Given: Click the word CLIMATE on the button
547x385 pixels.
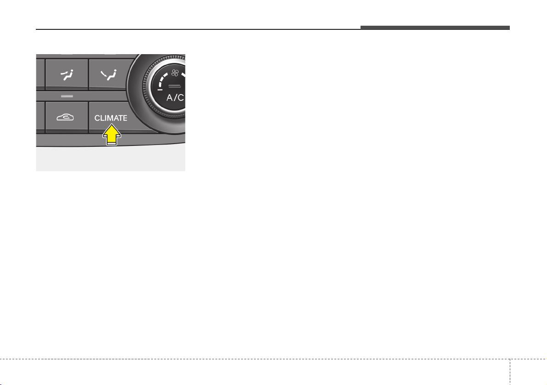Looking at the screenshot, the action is click(x=111, y=118).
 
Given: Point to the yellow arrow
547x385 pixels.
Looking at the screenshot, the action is click(x=111, y=135).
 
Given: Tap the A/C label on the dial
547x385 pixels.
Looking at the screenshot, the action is click(x=175, y=98).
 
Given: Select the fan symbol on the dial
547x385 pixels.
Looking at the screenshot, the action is click(x=175, y=73).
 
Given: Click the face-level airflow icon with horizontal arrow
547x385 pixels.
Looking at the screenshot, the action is click(x=67, y=75).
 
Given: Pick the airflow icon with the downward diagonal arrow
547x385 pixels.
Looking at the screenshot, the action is click(x=108, y=75).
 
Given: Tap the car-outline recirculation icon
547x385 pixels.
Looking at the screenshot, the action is click(x=65, y=117).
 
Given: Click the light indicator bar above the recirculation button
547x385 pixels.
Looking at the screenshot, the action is click(x=67, y=96).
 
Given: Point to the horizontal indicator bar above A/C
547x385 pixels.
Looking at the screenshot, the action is click(x=174, y=86).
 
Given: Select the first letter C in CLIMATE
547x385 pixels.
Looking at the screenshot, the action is click(x=97, y=118).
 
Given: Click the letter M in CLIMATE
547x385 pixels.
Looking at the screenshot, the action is click(x=110, y=118).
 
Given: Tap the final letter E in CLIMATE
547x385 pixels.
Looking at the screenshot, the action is click(x=124, y=118).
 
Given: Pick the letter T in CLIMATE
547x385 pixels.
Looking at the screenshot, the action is click(x=119, y=118).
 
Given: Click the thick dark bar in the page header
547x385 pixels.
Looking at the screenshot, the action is click(x=435, y=28).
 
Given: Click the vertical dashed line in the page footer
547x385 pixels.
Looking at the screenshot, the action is click(x=510, y=372).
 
